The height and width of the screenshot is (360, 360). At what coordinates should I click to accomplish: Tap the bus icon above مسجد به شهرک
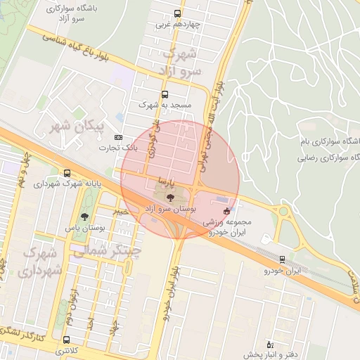165,94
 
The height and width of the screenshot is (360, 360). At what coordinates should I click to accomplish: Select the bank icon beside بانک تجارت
118,137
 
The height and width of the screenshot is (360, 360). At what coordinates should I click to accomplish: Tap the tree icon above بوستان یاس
84,217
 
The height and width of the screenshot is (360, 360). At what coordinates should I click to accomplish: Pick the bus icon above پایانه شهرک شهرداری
67,172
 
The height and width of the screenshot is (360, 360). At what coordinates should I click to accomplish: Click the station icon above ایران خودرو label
282,259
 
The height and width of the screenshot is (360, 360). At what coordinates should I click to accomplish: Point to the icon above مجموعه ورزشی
226,211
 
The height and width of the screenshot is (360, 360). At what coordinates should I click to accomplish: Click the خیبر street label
122,208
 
